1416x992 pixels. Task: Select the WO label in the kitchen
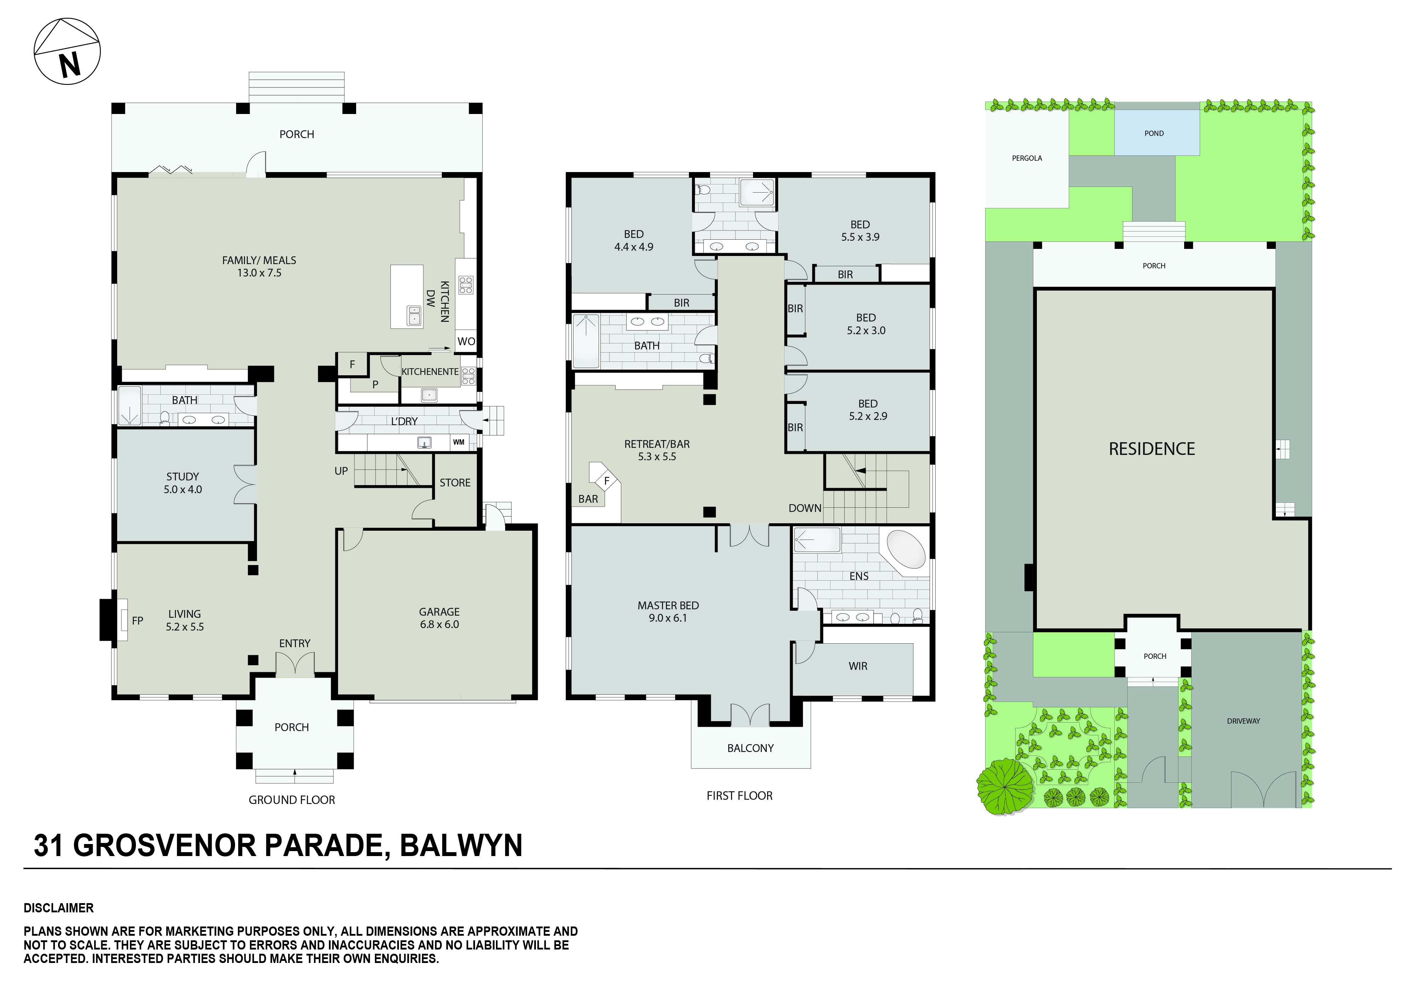click(466, 341)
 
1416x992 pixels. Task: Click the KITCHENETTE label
click(430, 371)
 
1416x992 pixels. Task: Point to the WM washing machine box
click(459, 442)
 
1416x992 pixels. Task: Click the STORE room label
click(455, 483)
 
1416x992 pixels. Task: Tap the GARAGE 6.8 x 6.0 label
click(439, 617)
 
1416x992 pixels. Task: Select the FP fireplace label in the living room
click(138, 621)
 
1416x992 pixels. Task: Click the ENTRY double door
click(295, 664)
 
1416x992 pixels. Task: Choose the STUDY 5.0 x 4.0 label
click(183, 483)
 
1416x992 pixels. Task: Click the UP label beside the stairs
click(341, 471)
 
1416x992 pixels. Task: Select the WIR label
click(858, 666)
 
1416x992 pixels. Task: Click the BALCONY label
click(750, 748)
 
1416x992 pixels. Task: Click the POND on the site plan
click(1154, 133)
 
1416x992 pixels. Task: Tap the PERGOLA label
click(1027, 158)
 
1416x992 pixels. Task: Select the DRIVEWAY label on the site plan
click(1243, 720)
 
